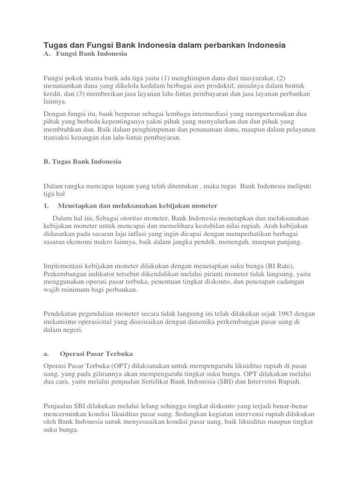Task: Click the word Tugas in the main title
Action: (x=55, y=45)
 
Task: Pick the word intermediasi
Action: (x=196, y=114)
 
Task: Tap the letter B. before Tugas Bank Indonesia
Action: (x=47, y=161)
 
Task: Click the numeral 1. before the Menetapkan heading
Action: (x=46, y=205)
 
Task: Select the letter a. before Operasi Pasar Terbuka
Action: (x=46, y=353)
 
